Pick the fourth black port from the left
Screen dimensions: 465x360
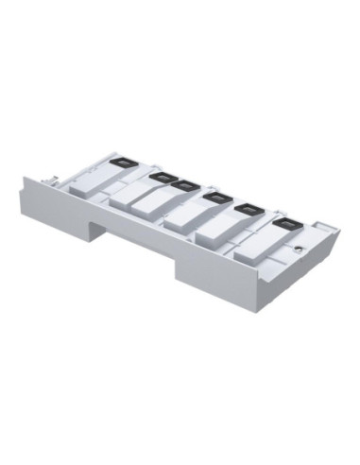[217, 198]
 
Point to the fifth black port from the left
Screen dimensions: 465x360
[250, 210]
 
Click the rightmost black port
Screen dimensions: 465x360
[284, 223]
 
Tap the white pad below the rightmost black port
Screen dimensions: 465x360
[257, 245]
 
